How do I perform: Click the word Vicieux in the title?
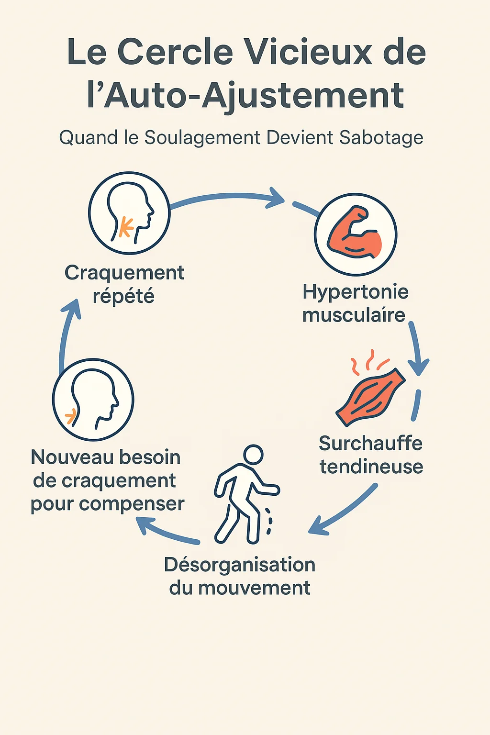pyautogui.click(x=310, y=52)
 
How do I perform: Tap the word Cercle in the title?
pyautogui.click(x=175, y=52)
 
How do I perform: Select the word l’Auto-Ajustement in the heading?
pyautogui.click(x=245, y=96)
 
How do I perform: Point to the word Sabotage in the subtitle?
pyautogui.click(x=381, y=138)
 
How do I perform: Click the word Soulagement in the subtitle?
pyautogui.click(x=202, y=138)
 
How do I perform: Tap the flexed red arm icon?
pyautogui.click(x=355, y=232)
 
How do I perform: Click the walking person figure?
pyautogui.click(x=247, y=494)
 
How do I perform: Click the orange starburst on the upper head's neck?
pyautogui.click(x=126, y=226)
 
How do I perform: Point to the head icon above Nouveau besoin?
pyautogui.click(x=93, y=400)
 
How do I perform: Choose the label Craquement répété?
pyautogui.click(x=124, y=284)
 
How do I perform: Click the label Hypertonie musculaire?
pyautogui.click(x=355, y=303)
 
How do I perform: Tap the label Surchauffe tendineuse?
pyautogui.click(x=371, y=455)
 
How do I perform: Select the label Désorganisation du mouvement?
pyautogui.click(x=240, y=576)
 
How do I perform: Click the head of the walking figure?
pyautogui.click(x=253, y=455)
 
